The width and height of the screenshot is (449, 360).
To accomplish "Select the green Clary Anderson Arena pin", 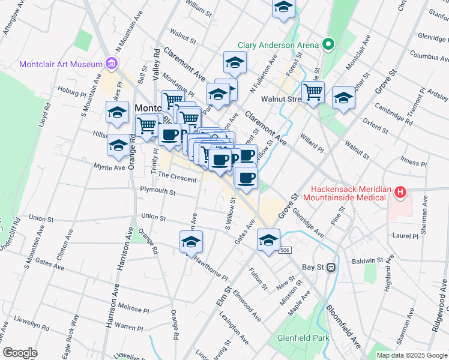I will click(x=328, y=44).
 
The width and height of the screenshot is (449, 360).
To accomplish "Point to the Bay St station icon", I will click(x=330, y=267).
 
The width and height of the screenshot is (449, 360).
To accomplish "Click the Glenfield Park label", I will click(x=304, y=338).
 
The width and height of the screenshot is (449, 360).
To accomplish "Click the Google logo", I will click(x=20, y=353).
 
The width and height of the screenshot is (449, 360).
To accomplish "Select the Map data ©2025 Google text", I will click(x=411, y=355).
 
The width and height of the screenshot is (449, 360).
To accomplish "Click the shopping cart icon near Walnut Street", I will click(x=313, y=92).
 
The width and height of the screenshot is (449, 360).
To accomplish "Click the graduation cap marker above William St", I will click(x=283, y=8).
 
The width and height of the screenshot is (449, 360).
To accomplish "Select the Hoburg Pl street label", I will click(x=72, y=92).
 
